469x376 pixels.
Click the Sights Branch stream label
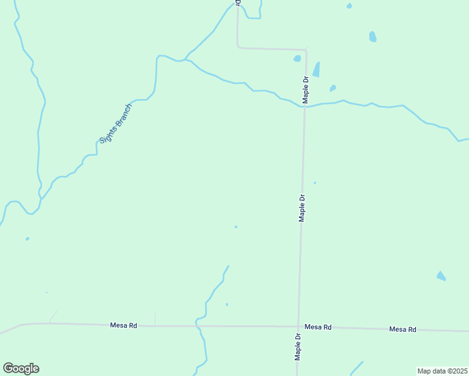pos(116,123)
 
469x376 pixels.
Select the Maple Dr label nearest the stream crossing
pos(306,90)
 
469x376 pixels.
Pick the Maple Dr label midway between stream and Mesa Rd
pos(302,207)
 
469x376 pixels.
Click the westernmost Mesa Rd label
pos(124,325)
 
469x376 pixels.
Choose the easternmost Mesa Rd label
pos(403,329)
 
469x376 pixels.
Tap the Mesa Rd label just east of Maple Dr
pos(318,327)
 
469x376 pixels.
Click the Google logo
pos(21,368)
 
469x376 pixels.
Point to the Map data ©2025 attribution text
pos(442,371)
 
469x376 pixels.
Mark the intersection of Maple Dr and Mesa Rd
pos(298,326)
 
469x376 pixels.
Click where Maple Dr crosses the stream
pos(305,106)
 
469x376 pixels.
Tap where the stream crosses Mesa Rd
pos(197,326)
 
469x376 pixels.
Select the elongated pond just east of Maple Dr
pos(316,69)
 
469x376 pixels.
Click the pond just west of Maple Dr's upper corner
pos(297,59)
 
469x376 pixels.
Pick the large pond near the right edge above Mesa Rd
pos(441,276)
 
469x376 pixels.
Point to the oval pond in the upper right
pos(373,36)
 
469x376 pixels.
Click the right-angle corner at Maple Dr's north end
pos(305,50)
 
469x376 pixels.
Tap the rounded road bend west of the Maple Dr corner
pos(238,46)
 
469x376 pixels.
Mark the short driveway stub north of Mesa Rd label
pos(155,318)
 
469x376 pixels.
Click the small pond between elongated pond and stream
pos(333,88)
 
